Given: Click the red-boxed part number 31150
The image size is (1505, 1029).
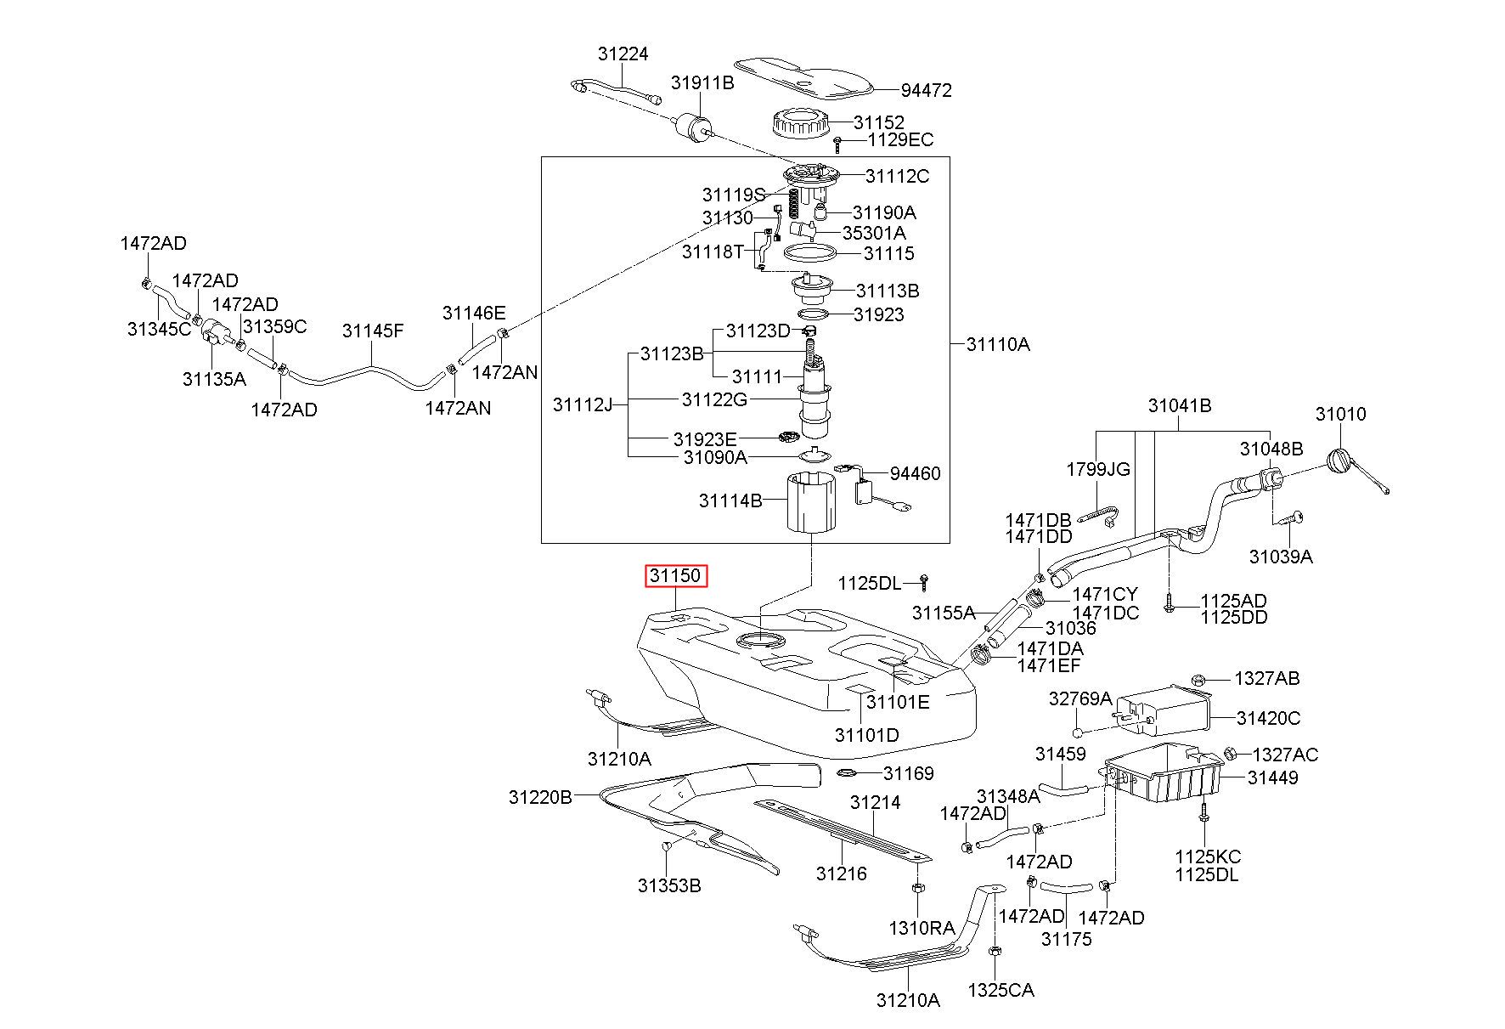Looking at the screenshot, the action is [675, 576].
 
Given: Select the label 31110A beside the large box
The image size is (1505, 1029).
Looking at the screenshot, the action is [998, 344].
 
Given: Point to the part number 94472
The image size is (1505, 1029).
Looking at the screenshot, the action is [927, 90].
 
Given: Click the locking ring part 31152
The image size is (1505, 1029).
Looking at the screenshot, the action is [801, 125].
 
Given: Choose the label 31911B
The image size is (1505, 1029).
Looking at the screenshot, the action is [702, 82].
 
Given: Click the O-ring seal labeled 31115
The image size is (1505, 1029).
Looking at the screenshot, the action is [810, 252].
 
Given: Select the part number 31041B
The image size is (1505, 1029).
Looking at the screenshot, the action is [1180, 406].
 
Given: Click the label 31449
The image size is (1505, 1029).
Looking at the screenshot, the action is [1272, 777].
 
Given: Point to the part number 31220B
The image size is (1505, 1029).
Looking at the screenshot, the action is [540, 797].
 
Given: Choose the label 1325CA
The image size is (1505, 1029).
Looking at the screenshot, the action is [1001, 991].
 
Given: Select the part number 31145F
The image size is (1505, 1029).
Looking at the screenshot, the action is [373, 331].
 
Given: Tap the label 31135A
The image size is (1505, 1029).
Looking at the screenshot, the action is [214, 379].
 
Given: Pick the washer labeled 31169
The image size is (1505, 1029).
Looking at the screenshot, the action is [848, 772].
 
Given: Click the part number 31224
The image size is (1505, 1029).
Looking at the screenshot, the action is [623, 54].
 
